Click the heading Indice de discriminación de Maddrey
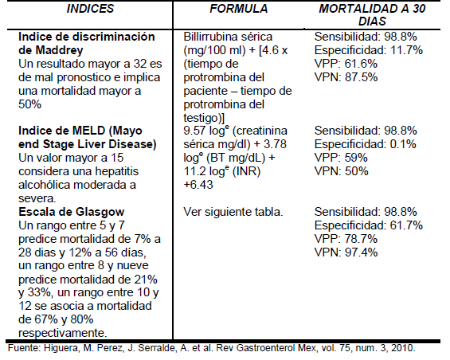click(90, 45)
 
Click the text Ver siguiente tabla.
click(231, 213)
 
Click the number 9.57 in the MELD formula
click(195, 129)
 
